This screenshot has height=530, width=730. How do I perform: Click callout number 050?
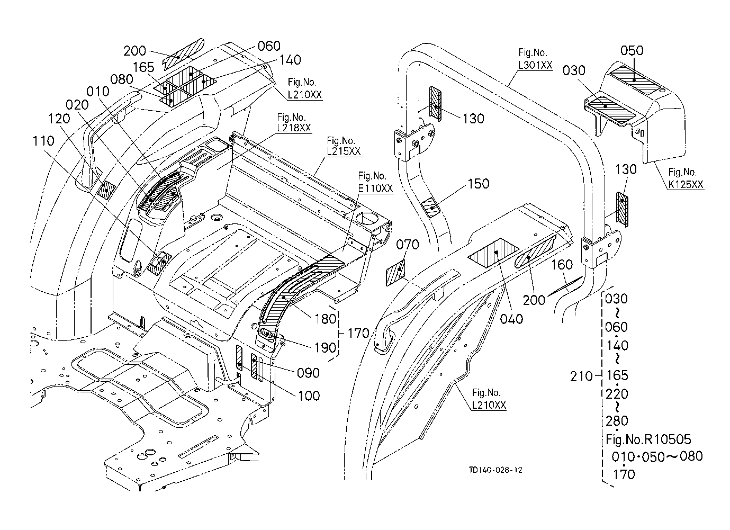tap(632, 51)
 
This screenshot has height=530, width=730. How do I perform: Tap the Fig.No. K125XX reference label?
tap(686, 178)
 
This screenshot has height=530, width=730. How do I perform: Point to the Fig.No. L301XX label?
tap(535, 59)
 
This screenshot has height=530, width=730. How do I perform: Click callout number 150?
tap(478, 184)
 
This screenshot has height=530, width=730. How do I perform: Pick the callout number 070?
tap(407, 245)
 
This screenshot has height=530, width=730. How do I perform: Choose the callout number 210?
tap(581, 376)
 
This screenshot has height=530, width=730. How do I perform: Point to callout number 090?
tap(308, 373)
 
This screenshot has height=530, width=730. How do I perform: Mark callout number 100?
tap(308, 396)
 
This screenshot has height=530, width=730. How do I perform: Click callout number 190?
tap(325, 347)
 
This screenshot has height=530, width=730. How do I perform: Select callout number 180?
tap(325, 319)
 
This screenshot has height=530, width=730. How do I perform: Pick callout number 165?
tap(143, 67)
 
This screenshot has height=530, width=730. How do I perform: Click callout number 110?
tap(43, 141)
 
